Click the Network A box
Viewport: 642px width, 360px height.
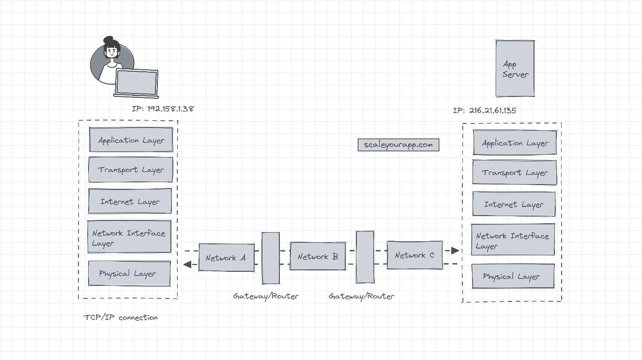point(227,258)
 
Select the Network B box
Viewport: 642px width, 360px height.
point(318,256)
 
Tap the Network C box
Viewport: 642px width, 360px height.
point(414,255)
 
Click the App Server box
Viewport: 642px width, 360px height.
point(515,69)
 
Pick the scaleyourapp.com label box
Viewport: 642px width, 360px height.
point(398,145)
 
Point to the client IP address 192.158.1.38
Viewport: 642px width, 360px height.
point(163,109)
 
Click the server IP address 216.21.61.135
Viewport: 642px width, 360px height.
point(484,111)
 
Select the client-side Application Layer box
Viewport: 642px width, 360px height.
point(131,140)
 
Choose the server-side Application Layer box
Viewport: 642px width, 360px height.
point(515,143)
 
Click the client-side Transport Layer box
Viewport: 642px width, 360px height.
point(131,170)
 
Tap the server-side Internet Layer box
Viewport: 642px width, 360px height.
point(514,204)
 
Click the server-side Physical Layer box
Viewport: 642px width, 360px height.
point(513,276)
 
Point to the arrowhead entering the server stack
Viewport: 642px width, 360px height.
point(455,250)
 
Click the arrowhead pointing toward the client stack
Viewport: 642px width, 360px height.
point(187,264)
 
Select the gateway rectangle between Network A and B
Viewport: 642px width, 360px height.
point(271,258)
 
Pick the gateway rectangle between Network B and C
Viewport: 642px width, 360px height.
point(365,257)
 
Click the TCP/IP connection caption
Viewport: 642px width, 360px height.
point(121,318)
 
